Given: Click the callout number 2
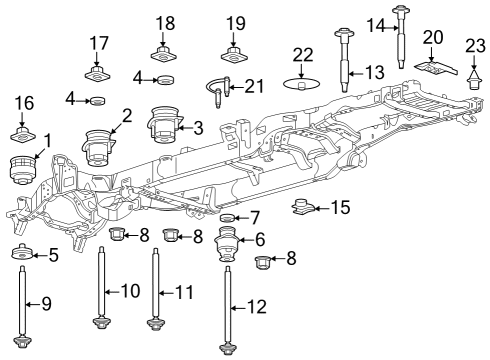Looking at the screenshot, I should (x=125, y=117).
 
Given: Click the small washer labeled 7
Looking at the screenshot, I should (x=227, y=218).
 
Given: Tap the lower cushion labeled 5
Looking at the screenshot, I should (x=21, y=254).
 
